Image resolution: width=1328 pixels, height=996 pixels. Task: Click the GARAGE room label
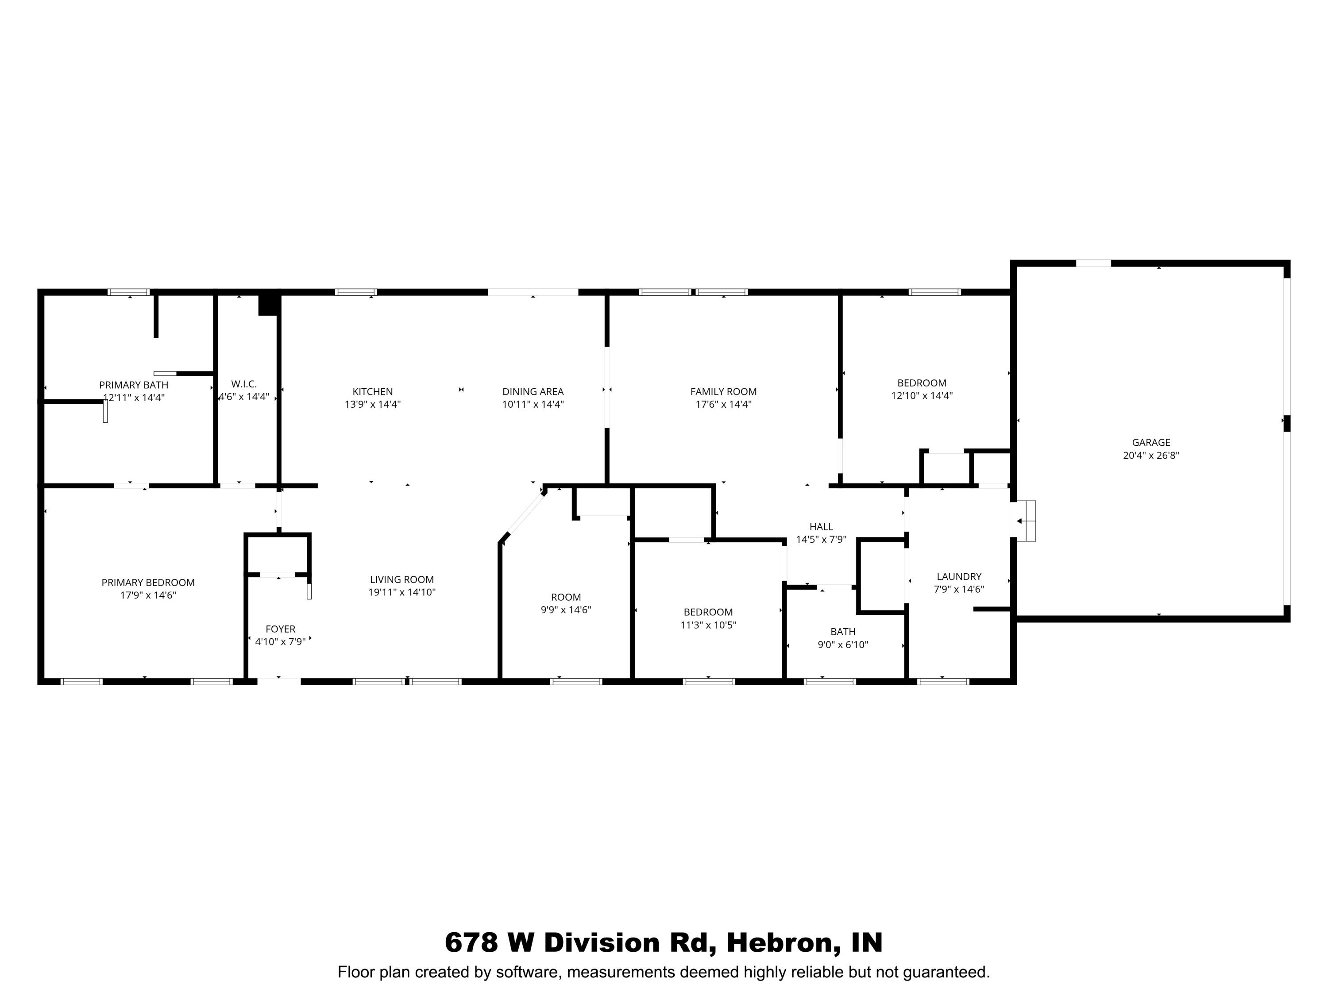click(1151, 443)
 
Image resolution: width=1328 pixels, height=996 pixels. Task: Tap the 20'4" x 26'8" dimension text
click(1151, 455)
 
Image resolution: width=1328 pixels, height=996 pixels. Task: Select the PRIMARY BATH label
click(133, 385)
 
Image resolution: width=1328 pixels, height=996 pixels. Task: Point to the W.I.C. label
click(244, 384)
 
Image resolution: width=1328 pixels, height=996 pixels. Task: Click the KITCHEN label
click(372, 391)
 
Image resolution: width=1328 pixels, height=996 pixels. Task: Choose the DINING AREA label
click(533, 391)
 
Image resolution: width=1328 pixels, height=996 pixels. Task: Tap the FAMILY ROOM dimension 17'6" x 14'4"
click(723, 404)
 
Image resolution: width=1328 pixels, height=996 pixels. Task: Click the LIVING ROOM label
click(401, 579)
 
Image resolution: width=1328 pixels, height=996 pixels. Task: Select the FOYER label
click(280, 629)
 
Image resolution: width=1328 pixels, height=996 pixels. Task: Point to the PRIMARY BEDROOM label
click(148, 583)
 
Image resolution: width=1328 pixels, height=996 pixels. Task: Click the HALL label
click(821, 526)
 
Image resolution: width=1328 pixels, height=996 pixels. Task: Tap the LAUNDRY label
click(959, 576)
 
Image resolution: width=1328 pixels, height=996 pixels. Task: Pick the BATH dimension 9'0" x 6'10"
click(843, 645)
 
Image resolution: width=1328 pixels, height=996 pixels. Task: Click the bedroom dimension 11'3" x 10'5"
click(708, 625)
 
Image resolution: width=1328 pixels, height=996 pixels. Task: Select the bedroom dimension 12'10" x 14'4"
click(922, 396)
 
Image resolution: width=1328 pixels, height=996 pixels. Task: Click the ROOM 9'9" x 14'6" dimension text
click(566, 610)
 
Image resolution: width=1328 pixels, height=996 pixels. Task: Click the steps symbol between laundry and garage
click(1026, 521)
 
